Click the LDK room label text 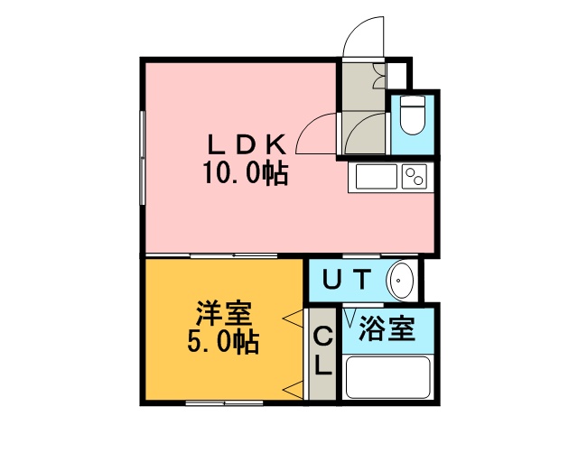247,144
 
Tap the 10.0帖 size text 246,172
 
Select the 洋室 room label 224,314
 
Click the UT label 346,279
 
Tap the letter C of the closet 322,337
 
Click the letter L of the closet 323,365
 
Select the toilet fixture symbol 412,115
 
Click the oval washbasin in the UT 401,281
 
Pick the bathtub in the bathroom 388,377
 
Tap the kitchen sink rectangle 377,177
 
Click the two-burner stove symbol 415,177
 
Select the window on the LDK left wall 143,158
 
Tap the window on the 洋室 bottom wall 224,403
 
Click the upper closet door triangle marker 293,318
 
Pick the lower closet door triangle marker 293,390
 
